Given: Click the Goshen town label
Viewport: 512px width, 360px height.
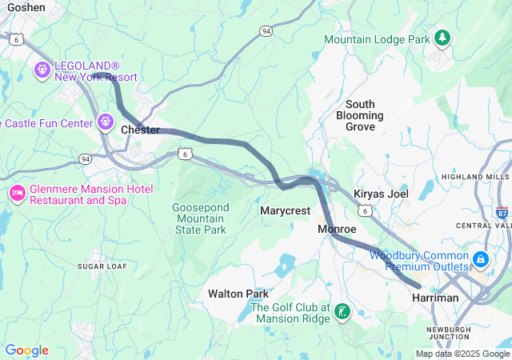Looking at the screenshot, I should pyautogui.click(x=22, y=6).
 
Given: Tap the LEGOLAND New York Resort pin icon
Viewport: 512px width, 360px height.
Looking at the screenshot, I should pyautogui.click(x=42, y=71).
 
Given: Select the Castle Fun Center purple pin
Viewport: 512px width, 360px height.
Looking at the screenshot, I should pyautogui.click(x=106, y=122).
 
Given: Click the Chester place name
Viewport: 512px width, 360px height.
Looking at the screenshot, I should pyautogui.click(x=140, y=130).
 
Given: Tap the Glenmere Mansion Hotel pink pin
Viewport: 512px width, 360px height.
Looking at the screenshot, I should pyautogui.click(x=17, y=194).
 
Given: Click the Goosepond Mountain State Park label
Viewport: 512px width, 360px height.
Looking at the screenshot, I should pyautogui.click(x=199, y=218).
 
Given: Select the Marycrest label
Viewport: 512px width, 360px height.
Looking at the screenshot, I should pyautogui.click(x=285, y=210).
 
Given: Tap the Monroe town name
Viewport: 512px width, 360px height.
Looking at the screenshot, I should pyautogui.click(x=337, y=230).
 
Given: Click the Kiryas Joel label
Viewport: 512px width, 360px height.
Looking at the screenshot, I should pyautogui.click(x=381, y=194).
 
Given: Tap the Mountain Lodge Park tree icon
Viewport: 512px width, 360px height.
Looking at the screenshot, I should pyautogui.click(x=441, y=38).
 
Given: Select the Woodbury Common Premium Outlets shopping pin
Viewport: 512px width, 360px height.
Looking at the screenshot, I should pyautogui.click(x=480, y=259).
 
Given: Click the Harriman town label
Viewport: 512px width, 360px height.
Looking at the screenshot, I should pyautogui.click(x=435, y=298).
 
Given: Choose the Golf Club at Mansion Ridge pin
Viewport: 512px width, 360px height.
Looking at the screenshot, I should pyautogui.click(x=342, y=311).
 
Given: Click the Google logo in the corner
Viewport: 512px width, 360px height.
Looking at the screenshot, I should pyautogui.click(x=26, y=350).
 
